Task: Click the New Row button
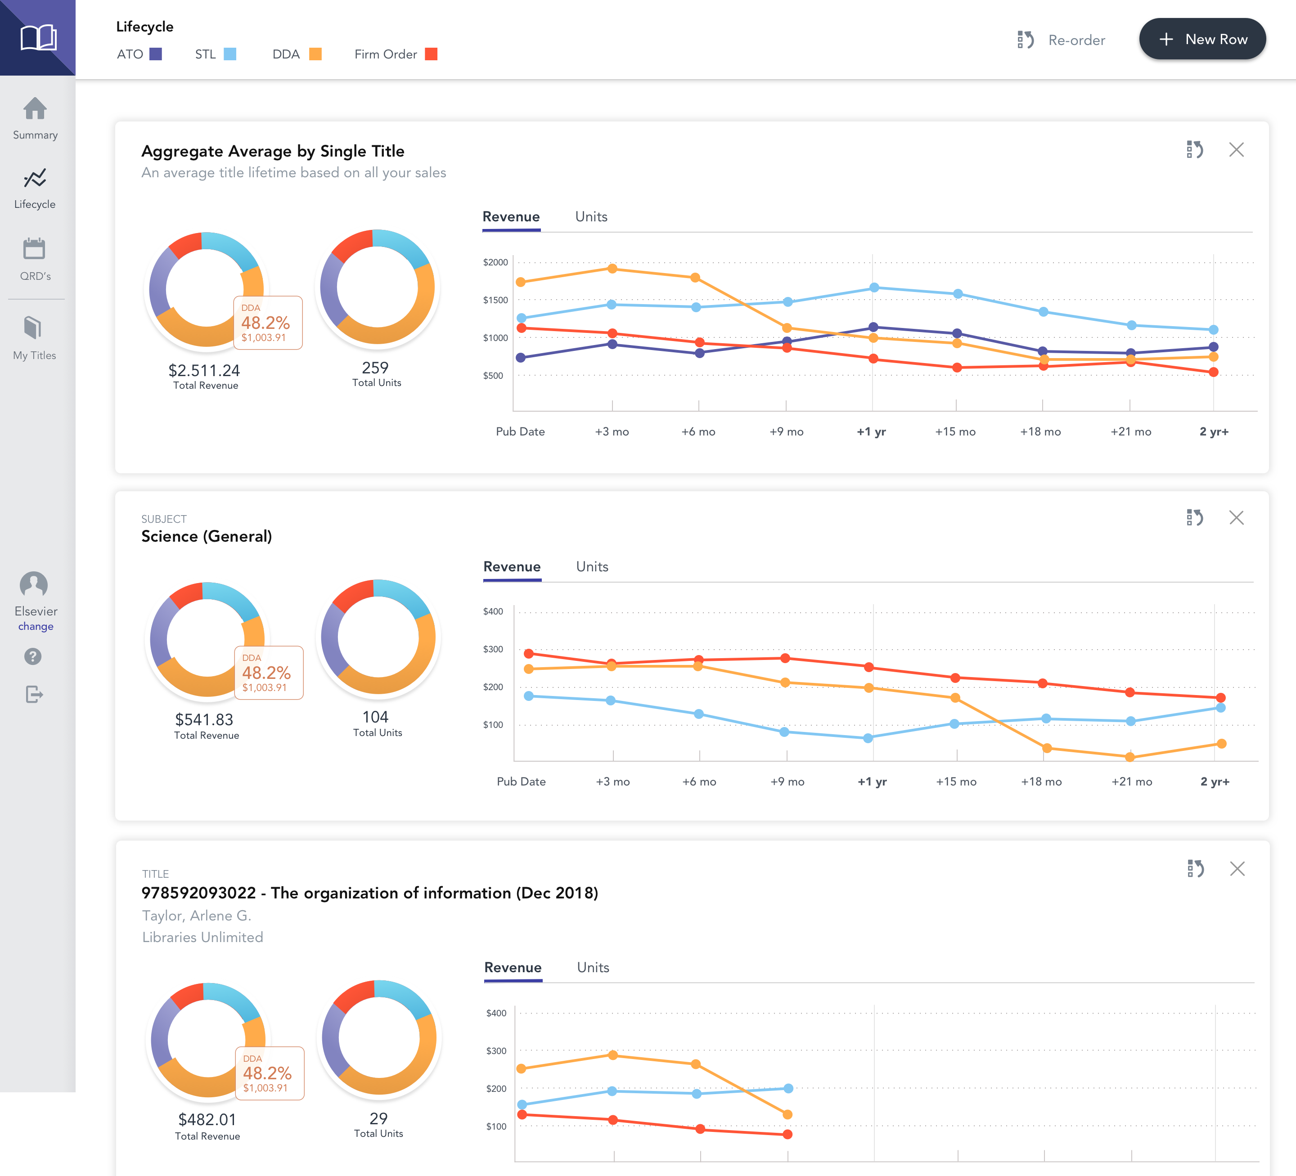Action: coord(1202,39)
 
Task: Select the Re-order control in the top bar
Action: coord(1061,40)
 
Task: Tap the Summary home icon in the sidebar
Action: coord(35,108)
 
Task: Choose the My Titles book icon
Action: coord(33,327)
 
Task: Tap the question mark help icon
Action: coord(33,656)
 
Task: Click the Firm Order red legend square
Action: coord(432,54)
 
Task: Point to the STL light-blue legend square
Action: coord(229,54)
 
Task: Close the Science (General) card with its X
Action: coord(1236,518)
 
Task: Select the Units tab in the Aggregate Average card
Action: coord(591,216)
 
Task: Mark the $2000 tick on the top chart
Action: coord(495,262)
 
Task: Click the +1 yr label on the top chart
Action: coord(871,432)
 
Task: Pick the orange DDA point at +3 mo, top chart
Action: coord(612,269)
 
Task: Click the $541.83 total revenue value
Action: coord(204,720)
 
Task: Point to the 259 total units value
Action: coord(375,368)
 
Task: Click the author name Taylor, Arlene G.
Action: coord(197,916)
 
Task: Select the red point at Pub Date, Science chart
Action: coord(528,654)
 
